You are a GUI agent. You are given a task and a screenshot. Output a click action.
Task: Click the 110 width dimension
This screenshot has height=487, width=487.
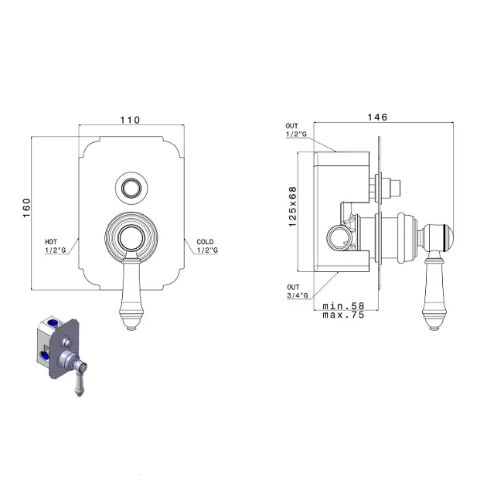point(130,120)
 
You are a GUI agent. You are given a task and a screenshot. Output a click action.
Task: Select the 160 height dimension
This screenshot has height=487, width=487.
point(27,208)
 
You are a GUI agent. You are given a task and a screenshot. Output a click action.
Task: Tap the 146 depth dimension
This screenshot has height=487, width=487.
point(377,117)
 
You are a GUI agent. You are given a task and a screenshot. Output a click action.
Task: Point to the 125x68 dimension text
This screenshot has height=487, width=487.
point(292,206)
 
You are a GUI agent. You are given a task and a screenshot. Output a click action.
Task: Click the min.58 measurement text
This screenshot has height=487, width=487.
point(343,306)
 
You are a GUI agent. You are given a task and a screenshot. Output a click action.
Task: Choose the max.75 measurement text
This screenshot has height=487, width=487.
point(343,315)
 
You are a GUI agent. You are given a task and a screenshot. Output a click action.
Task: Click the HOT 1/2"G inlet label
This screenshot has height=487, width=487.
point(56,246)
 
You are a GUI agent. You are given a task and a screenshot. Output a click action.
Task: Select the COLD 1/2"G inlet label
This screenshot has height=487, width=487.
point(207,246)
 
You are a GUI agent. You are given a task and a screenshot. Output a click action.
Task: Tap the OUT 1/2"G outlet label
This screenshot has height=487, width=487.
point(296,130)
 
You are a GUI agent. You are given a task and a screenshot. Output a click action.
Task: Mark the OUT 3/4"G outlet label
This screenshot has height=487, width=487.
point(298,291)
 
